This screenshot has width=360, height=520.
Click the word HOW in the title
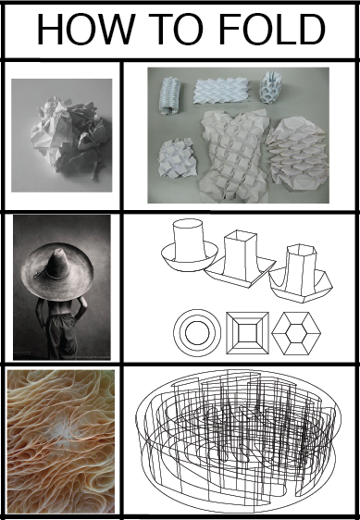tap(86, 30)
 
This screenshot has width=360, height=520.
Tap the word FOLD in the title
tap(272, 30)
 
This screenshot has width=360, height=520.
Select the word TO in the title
tap(175, 30)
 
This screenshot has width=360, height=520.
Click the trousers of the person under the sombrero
tap(62, 335)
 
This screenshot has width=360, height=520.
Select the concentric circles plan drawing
tap(197, 332)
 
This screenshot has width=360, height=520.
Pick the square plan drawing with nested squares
tap(247, 332)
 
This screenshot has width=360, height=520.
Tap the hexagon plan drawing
tap(296, 333)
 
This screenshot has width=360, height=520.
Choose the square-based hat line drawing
tap(241, 260)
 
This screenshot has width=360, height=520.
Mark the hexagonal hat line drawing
tap(300, 274)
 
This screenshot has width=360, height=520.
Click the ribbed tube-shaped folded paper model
tap(170, 96)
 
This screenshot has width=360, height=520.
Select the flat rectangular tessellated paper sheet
tap(221, 91)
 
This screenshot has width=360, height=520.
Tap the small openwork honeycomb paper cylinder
tap(271, 87)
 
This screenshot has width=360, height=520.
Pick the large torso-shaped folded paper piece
tap(234, 155)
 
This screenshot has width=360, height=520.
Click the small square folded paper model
tap(177, 158)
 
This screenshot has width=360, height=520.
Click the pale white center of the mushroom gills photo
tap(64, 431)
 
